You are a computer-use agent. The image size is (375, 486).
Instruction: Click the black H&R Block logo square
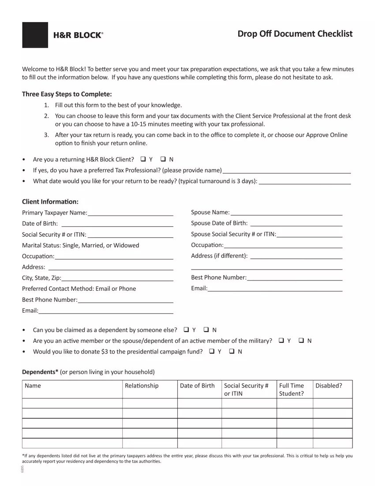click(35, 35)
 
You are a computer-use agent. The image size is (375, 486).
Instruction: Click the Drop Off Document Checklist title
click(295, 34)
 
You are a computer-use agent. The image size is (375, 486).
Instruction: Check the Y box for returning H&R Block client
click(143, 159)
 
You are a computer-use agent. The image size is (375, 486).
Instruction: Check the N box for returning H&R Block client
click(163, 159)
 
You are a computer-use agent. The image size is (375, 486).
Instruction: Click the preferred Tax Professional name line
click(287, 170)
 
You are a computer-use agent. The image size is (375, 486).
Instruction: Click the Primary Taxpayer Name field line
click(130, 213)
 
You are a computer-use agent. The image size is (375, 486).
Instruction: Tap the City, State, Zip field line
click(117, 278)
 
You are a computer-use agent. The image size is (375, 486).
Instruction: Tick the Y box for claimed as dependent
click(186, 330)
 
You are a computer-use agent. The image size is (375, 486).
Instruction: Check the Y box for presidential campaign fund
click(212, 352)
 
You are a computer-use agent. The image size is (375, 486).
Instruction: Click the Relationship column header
click(142, 386)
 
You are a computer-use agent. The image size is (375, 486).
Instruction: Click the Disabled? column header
click(329, 386)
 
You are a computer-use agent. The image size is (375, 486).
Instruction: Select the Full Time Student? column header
click(292, 389)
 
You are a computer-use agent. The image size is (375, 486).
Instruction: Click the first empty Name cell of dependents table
click(72, 403)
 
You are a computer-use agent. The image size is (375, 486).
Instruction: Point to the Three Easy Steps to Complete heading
click(67, 94)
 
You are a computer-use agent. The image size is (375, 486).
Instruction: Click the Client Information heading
click(50, 201)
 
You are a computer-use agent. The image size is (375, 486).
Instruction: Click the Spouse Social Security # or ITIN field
click(309, 234)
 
